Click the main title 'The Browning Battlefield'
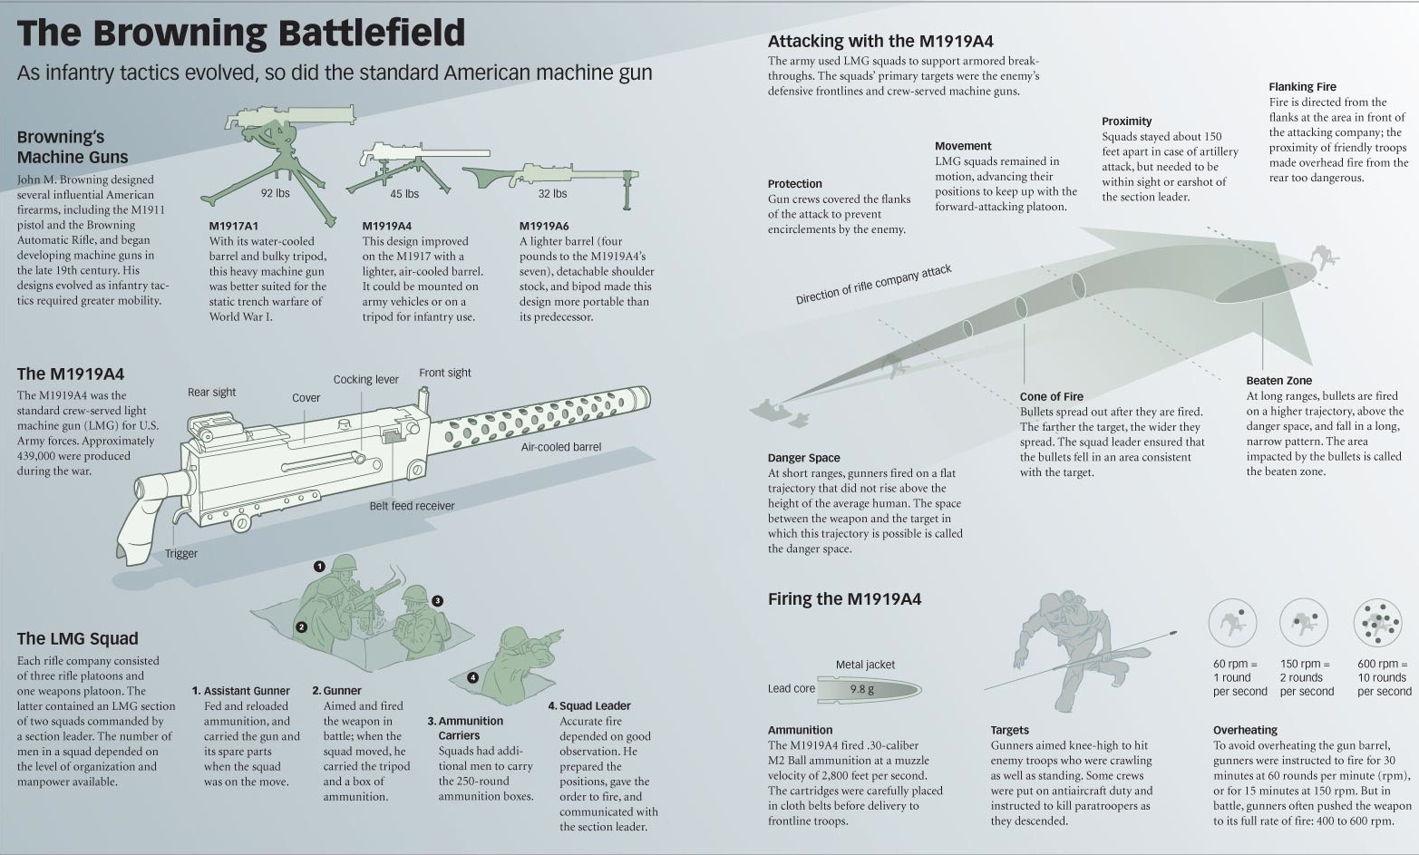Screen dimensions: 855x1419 tap(241, 33)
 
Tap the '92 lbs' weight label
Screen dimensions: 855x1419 tap(276, 193)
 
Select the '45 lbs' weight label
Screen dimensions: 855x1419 tap(404, 194)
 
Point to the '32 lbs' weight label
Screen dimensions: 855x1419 tap(552, 193)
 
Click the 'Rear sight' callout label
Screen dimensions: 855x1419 tap(211, 393)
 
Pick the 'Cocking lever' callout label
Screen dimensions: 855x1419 tap(365, 380)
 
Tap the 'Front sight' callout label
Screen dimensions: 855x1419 tap(444, 373)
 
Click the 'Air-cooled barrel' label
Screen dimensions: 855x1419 tap(560, 447)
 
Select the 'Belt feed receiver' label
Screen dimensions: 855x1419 tap(412, 506)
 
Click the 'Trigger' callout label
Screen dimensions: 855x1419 tap(181, 554)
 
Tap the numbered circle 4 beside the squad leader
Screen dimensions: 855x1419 tap(472, 677)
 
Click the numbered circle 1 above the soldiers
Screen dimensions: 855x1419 tap(319, 567)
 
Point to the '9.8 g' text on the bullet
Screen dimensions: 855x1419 tap(861, 689)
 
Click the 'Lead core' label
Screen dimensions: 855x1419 tap(791, 689)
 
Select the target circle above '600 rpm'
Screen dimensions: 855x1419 tap(1378, 622)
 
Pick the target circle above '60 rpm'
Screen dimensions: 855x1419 tap(1232, 622)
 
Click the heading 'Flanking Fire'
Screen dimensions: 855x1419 tap(1302, 87)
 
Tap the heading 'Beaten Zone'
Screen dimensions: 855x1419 tap(1278, 381)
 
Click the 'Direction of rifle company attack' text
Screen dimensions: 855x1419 tap(873, 285)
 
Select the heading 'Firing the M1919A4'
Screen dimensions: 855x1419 tap(844, 599)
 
